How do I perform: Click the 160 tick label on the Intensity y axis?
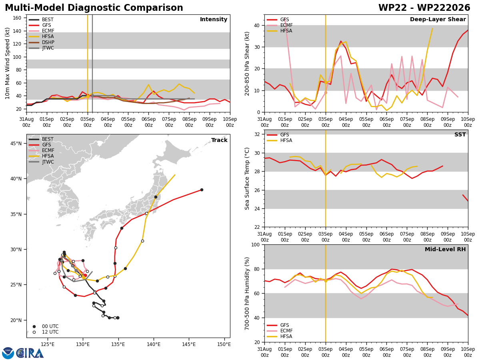tap(17, 18)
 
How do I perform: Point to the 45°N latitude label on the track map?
tap(16, 144)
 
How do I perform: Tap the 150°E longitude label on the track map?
tap(224, 344)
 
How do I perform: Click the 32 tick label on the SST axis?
tap(257, 134)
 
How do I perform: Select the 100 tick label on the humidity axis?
tap(256, 245)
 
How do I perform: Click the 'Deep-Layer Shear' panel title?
tap(438, 20)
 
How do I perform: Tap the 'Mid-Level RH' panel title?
tap(445, 249)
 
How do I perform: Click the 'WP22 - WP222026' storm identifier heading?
tap(424, 8)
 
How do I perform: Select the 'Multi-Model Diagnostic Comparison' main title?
tap(94, 8)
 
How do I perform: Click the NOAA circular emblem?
tap(8, 353)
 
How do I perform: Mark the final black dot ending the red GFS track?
tap(202, 190)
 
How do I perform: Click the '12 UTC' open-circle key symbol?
tap(34, 332)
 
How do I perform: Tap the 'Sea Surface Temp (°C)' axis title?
tap(247, 178)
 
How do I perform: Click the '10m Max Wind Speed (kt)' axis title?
tap(7, 63)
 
